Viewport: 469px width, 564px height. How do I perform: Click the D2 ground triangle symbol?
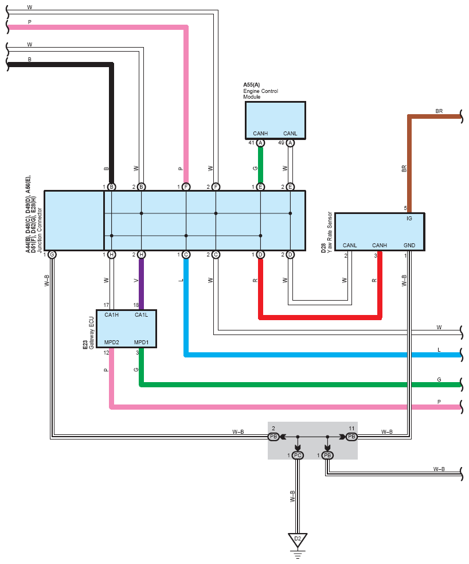point(298,540)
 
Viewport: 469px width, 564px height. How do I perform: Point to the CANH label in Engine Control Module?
point(260,134)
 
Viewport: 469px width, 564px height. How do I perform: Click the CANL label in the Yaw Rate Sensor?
point(350,246)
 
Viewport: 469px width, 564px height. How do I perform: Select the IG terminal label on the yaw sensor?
point(409,219)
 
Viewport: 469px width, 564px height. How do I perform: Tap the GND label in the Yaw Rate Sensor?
point(409,246)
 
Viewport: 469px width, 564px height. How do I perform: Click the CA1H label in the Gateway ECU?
point(111,315)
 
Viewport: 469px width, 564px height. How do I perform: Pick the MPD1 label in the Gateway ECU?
point(141,343)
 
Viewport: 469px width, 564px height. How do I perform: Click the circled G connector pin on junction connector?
point(52,255)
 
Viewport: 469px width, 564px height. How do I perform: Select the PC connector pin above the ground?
point(298,456)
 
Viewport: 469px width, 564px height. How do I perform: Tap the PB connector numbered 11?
point(351,437)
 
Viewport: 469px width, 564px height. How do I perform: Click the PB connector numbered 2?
point(273,437)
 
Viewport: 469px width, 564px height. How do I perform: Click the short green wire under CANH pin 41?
point(260,165)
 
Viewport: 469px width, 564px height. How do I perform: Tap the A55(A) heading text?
point(252,85)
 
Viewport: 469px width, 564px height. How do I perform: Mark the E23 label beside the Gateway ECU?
point(85,345)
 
